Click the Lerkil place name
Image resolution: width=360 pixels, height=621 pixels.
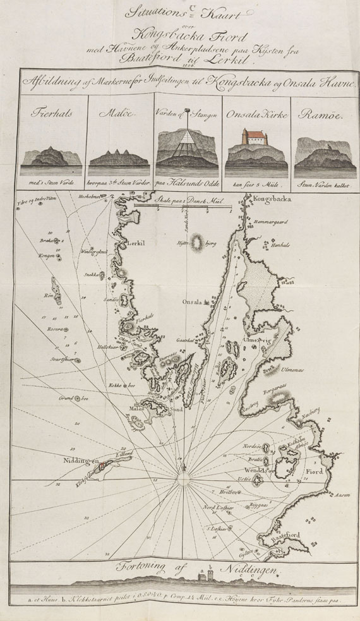tap(137, 243)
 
